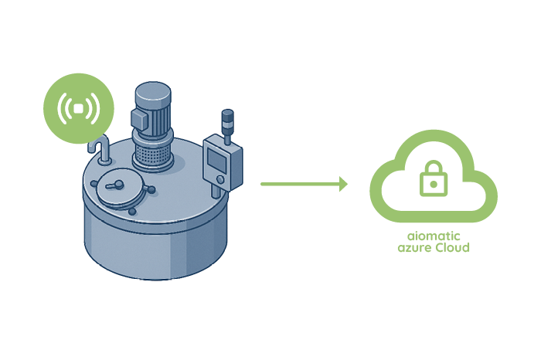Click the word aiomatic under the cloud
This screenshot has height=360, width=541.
[x=434, y=236]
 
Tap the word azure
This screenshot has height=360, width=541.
[x=414, y=248]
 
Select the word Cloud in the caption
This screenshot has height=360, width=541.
[x=452, y=247]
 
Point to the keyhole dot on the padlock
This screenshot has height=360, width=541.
[x=434, y=184]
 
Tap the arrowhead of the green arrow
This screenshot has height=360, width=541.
[x=343, y=184]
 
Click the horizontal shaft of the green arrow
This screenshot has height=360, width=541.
[x=300, y=184]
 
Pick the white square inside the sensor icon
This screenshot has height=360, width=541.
[x=79, y=108]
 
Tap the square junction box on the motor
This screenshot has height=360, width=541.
[x=139, y=119]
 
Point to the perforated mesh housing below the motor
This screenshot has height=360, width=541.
[x=152, y=154]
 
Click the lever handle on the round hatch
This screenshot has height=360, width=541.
[x=116, y=185]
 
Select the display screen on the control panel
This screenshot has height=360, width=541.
[x=217, y=160]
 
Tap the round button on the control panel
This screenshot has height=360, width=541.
[x=219, y=179]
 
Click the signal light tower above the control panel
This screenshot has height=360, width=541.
[x=227, y=126]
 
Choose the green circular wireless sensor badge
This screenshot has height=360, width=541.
[x=79, y=108]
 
